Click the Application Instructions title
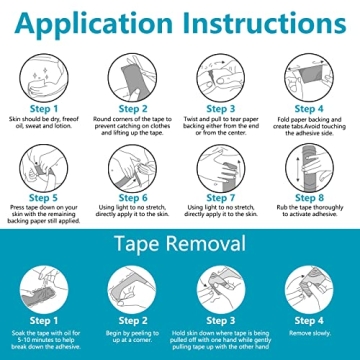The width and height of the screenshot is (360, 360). pos(180,21)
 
